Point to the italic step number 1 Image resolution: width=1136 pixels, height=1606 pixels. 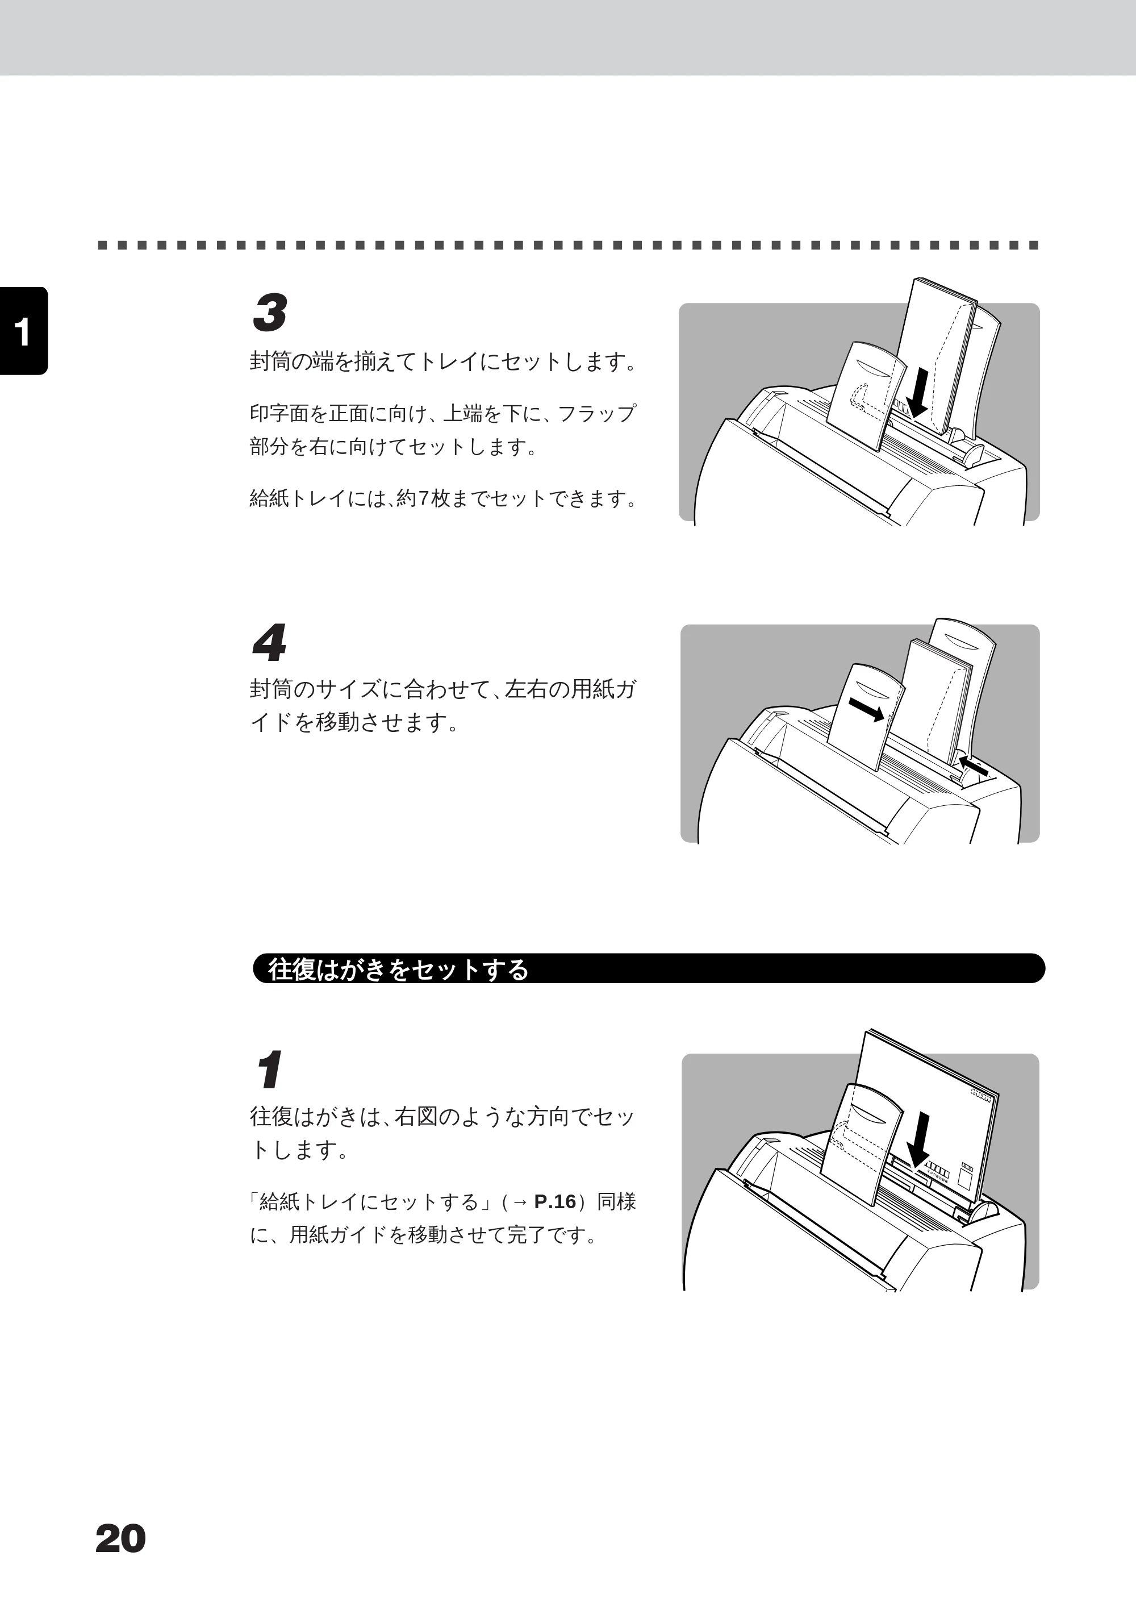pos(269,1070)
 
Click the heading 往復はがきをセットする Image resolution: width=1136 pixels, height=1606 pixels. pos(399,969)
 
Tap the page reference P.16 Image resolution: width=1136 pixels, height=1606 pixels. pos(555,1201)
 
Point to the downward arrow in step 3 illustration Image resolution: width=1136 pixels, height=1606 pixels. pos(919,394)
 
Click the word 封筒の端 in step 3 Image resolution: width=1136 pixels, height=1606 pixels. pos(293,362)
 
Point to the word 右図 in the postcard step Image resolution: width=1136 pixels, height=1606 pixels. pos(417,1116)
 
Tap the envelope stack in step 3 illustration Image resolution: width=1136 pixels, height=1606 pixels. pos(937,357)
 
